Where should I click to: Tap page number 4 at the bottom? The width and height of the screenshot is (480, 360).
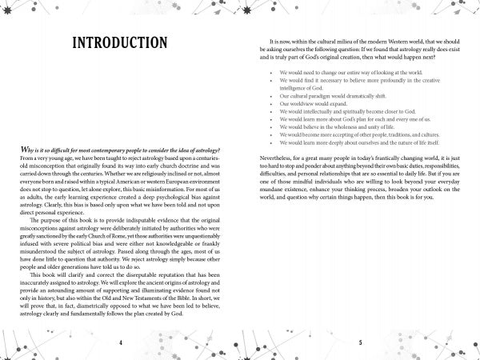[120, 342]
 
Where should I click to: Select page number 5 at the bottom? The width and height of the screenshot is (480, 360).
[360, 342]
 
